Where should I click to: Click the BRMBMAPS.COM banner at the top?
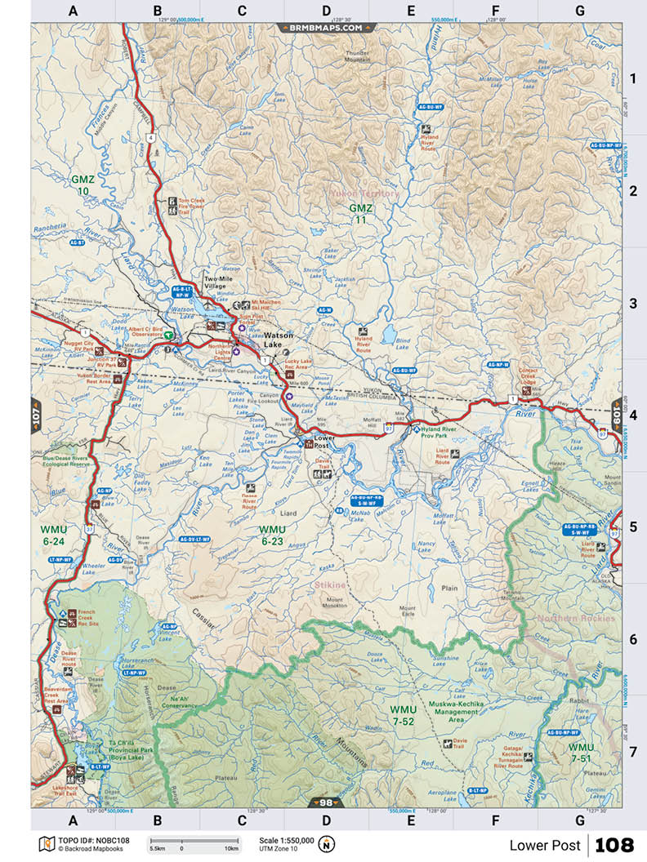(x=324, y=27)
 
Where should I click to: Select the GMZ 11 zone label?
(x=360, y=214)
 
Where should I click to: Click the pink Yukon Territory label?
(x=364, y=193)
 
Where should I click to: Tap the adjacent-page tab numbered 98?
(x=324, y=802)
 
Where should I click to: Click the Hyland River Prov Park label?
(x=448, y=432)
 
